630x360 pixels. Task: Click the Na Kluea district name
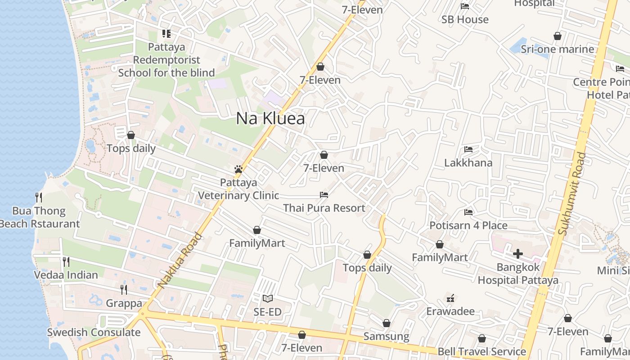[270, 118]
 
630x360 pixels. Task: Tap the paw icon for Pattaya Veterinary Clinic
[238, 169]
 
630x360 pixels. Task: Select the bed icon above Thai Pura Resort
[324, 195]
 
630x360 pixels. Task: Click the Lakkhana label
[468, 162]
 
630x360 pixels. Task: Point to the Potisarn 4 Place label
[468, 225]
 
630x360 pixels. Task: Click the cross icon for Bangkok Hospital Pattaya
[518, 254]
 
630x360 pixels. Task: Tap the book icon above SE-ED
[268, 298]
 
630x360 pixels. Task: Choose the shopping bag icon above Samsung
[387, 323]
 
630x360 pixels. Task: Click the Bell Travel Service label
[482, 351]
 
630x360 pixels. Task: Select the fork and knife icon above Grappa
[124, 289]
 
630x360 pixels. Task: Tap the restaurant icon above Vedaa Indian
[66, 261]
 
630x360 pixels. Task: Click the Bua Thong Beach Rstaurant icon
[39, 197]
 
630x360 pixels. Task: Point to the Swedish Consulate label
[94, 333]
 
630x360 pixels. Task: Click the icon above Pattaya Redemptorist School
[166, 34]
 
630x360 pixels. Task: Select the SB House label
[465, 19]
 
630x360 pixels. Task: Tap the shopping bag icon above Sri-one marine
[558, 36]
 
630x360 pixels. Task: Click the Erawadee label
[450, 311]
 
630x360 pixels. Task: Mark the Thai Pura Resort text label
[324, 208]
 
